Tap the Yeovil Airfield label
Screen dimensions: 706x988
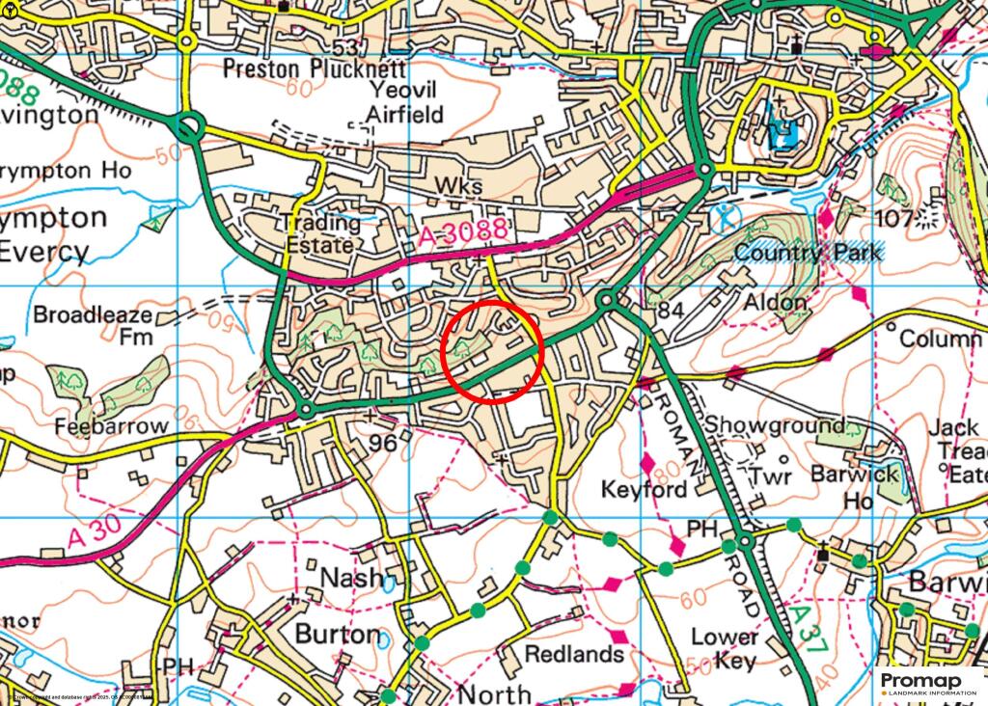(405, 102)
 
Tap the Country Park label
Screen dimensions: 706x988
(808, 253)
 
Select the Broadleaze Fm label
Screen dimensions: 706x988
(94, 326)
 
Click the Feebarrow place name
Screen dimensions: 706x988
(112, 425)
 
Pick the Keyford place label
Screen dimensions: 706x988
(645, 489)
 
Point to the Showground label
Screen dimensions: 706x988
(775, 425)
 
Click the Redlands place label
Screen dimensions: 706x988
(574, 654)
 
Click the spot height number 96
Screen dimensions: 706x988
(384, 444)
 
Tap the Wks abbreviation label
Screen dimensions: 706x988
(456, 184)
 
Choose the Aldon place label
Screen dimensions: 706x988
(774, 302)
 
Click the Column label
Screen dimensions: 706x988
(940, 339)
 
